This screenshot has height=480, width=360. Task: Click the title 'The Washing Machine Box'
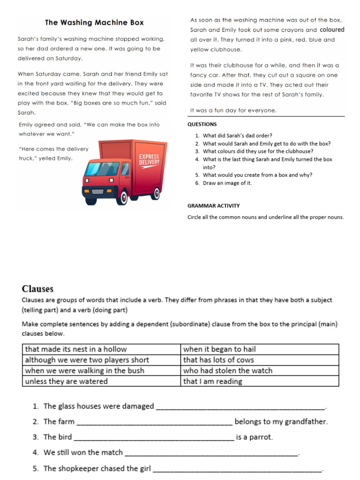[94, 22]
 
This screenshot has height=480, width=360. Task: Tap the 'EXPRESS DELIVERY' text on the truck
[149, 159]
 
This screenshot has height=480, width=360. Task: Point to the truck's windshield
[102, 168]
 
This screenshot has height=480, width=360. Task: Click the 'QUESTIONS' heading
[202, 124]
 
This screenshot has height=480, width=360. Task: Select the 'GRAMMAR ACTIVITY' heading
[213, 206]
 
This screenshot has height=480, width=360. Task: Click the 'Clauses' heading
[37, 289]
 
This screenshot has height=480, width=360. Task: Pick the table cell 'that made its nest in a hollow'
[76, 349]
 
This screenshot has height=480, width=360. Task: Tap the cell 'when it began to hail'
[219, 349]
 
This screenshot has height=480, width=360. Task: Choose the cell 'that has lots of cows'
[218, 360]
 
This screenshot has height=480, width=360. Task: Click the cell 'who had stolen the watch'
[228, 370]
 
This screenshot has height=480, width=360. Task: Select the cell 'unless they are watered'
[66, 381]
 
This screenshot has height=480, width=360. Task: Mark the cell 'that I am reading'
[213, 381]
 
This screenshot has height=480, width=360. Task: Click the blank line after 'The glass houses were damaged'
[240, 407]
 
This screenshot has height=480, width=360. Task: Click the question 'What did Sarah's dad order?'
[238, 136]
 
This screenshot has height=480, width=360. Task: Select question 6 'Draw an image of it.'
[227, 183]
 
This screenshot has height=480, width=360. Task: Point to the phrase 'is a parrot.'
[254, 437]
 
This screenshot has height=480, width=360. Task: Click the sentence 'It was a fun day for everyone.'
[233, 111]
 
